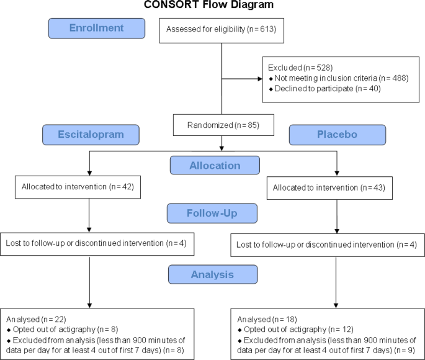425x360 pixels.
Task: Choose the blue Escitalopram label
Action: pyautogui.click(x=91, y=135)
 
